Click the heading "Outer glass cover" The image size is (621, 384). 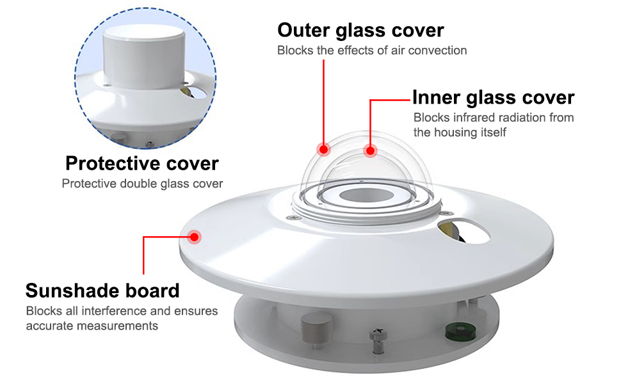pyautogui.click(x=360, y=30)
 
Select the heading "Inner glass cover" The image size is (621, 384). pyautogui.click(x=493, y=97)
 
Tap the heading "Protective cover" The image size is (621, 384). pyautogui.click(x=141, y=163)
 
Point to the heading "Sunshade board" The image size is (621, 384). pyautogui.click(x=102, y=291)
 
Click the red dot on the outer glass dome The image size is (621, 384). pyautogui.click(x=324, y=150)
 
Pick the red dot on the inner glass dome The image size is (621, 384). pyautogui.click(x=370, y=151)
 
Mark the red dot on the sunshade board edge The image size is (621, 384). pyautogui.click(x=195, y=236)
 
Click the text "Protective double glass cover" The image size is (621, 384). pyautogui.click(x=142, y=184)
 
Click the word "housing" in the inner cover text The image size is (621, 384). pyautogui.click(x=455, y=132)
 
